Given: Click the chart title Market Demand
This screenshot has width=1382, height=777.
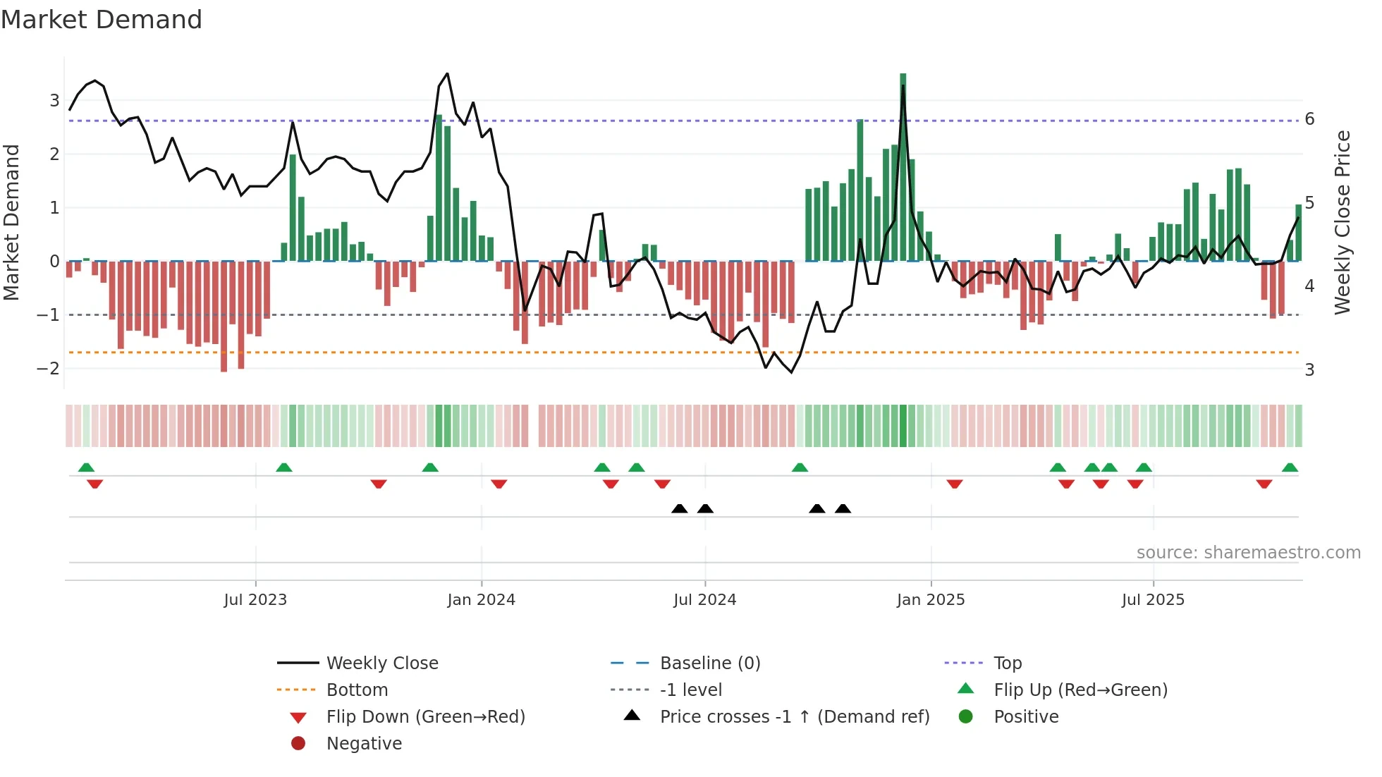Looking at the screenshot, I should [102, 20].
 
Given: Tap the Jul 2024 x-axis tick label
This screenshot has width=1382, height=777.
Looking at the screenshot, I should [704, 600].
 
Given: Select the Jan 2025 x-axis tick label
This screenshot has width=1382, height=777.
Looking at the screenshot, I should [931, 600].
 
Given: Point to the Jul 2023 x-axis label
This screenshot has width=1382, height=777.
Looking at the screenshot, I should [255, 600].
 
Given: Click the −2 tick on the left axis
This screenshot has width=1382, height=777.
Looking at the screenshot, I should [48, 369].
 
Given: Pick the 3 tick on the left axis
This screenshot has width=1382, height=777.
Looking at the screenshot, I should [54, 101].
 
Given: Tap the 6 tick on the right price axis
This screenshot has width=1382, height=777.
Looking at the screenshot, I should [1309, 119].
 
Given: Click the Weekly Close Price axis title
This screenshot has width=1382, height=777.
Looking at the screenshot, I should [1343, 222].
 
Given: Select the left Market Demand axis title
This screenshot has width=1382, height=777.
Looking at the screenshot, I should [11, 222].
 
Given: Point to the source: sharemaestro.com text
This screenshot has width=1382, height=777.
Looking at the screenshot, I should [1248, 553].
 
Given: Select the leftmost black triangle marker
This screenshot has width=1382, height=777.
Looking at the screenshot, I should [679, 508].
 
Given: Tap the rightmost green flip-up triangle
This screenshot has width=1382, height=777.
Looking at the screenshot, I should [1290, 467].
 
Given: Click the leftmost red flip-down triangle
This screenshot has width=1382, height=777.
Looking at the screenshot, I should [94, 484].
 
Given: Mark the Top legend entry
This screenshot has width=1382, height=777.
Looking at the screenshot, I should [1007, 663].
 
